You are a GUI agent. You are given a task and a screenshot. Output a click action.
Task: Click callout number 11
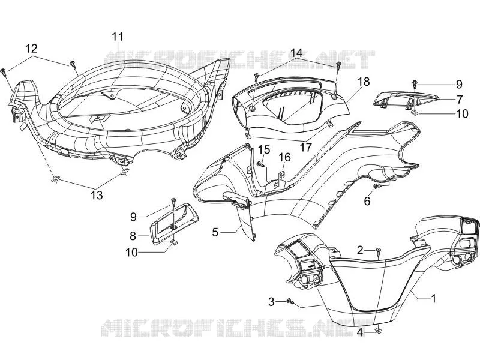[118, 37]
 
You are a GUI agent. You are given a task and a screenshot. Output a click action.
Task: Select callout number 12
[31, 49]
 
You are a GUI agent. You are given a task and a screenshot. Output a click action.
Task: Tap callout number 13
[97, 195]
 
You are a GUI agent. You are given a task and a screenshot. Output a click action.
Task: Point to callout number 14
[296, 53]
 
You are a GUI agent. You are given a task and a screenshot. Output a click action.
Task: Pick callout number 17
[305, 147]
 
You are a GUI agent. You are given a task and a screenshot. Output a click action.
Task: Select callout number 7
[459, 99]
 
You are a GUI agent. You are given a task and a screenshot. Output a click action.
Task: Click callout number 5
[215, 232]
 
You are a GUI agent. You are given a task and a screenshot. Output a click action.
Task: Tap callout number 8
[133, 236]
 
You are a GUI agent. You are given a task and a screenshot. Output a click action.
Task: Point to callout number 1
[433, 298]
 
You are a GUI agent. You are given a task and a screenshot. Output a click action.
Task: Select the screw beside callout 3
[290, 301]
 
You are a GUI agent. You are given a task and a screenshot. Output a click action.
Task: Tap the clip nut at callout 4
[379, 331]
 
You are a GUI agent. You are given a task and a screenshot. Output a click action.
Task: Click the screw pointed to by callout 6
[377, 186]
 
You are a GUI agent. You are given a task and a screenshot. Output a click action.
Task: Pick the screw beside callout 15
[261, 164]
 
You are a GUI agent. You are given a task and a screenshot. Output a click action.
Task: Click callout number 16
[284, 157]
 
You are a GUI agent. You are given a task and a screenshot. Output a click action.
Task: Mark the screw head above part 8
[173, 200]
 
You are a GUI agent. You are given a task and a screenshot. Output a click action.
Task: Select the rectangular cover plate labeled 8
[174, 223]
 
